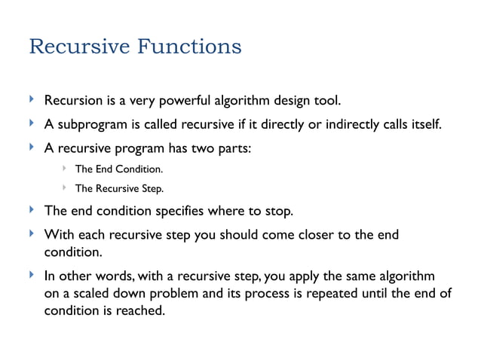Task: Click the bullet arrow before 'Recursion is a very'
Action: coord(31,99)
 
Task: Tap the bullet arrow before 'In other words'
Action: coord(31,275)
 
